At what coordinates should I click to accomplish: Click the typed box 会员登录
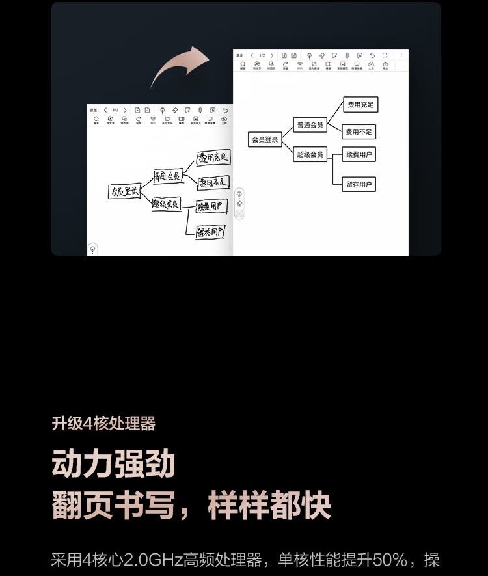click(x=265, y=139)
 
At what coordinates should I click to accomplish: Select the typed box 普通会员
click(x=310, y=125)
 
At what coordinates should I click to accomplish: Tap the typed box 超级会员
click(x=310, y=154)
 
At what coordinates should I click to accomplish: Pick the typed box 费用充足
click(x=360, y=104)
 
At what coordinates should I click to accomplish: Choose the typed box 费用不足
click(x=360, y=132)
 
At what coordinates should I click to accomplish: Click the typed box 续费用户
click(x=360, y=154)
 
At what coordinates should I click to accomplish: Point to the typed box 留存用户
click(x=360, y=185)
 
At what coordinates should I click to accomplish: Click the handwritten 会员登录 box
click(x=124, y=191)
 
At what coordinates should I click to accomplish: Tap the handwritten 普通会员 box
click(x=167, y=176)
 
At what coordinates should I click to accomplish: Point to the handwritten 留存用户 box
click(x=210, y=232)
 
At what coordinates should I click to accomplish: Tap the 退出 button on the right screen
click(x=240, y=56)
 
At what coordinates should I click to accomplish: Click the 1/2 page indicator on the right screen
click(x=262, y=56)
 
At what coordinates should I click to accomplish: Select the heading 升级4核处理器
click(x=103, y=424)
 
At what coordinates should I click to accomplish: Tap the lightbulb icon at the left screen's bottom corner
click(x=93, y=249)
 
